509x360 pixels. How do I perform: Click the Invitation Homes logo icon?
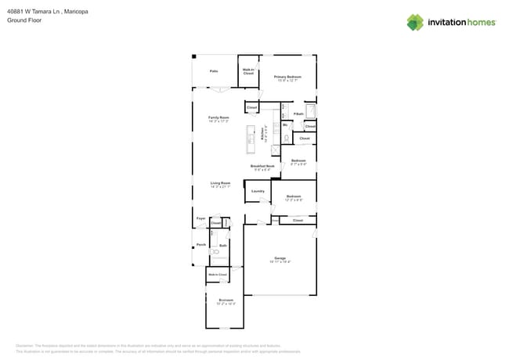coord(415,22)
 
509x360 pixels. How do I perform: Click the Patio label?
coord(213,71)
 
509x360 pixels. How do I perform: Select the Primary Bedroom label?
coord(288,77)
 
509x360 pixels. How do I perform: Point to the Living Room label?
coord(220,184)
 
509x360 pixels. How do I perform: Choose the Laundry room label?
coord(258,191)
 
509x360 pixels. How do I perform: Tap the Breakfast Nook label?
coord(262,167)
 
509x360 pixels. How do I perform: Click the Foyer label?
coord(200,218)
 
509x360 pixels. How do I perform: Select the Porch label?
coord(201,245)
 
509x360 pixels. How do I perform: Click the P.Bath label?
coord(298,114)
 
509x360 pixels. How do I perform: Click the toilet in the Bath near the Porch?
coord(217,252)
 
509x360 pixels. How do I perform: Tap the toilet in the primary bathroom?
coord(287,138)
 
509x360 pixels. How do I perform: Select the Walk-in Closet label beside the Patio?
coord(248,71)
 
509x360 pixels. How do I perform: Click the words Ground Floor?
coord(23,20)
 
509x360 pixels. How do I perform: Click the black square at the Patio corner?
coord(194,56)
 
